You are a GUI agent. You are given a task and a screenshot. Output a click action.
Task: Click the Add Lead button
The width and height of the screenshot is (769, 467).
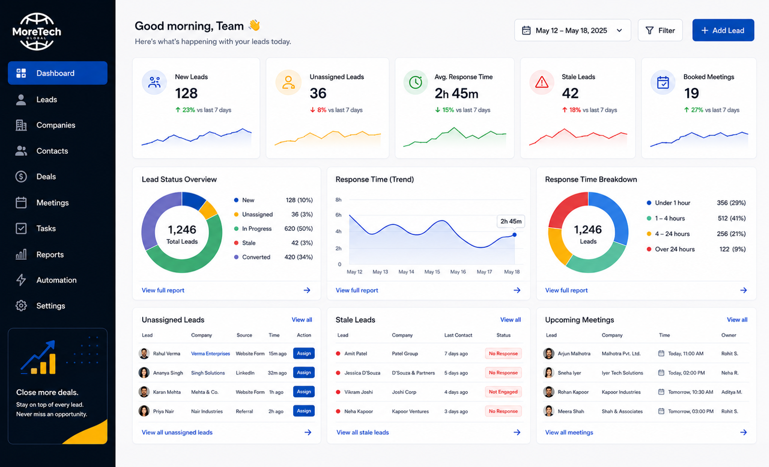723,30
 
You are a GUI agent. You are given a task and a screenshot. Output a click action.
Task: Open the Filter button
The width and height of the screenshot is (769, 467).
660,30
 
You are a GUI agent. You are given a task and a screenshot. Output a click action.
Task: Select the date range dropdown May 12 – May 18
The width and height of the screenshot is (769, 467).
572,30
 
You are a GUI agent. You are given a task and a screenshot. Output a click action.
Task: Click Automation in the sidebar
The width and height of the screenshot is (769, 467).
56,280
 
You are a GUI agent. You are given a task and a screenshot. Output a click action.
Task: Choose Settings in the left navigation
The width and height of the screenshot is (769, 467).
50,305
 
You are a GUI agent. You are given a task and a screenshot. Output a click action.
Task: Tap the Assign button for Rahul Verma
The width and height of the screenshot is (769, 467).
304,353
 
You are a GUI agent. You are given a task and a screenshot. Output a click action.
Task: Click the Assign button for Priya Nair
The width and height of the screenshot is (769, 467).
304,411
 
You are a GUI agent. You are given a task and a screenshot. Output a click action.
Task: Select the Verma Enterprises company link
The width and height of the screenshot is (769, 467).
211,353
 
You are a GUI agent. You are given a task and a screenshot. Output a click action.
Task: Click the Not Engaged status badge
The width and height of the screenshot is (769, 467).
503,392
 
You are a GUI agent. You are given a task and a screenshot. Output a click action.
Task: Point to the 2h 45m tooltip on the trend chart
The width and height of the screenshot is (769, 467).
511,221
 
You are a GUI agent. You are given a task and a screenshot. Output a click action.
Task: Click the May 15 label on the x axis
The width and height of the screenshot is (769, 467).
432,272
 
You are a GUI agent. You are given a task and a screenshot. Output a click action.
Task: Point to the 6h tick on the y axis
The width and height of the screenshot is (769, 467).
338,215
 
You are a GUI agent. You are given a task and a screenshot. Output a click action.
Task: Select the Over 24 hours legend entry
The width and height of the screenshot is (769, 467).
671,249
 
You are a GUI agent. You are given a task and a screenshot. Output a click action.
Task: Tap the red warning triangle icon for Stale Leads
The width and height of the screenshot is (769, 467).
542,82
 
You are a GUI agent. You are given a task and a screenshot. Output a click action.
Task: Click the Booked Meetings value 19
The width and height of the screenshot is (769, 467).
691,93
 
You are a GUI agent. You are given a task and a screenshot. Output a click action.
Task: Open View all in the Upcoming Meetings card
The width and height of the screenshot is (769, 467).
737,319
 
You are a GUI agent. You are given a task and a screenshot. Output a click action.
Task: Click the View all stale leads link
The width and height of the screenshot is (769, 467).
362,432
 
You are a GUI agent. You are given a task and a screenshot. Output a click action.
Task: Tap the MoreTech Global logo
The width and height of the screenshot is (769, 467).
37,32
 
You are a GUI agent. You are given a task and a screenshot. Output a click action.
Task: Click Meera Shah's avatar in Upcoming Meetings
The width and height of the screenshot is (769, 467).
548,411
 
